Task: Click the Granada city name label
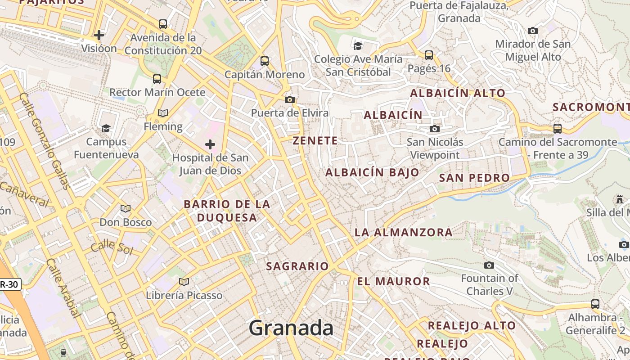click(x=291, y=328)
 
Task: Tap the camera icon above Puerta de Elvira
click(x=290, y=99)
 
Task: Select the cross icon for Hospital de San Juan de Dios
click(x=210, y=144)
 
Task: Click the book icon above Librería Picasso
click(x=184, y=282)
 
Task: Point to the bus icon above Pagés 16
click(x=429, y=55)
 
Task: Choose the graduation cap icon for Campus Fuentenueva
click(x=106, y=128)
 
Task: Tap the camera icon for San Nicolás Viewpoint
click(x=434, y=129)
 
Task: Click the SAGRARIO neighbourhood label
click(x=297, y=266)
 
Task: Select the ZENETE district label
click(x=315, y=140)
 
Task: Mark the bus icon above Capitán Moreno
click(x=265, y=61)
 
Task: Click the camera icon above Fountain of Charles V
click(x=489, y=265)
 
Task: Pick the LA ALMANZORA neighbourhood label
click(x=403, y=232)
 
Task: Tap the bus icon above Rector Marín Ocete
click(x=157, y=79)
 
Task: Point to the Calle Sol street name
click(x=112, y=247)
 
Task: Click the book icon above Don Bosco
click(x=125, y=208)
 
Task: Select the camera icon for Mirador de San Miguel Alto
click(x=533, y=31)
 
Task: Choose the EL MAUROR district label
click(x=393, y=282)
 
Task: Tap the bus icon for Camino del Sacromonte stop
click(x=558, y=128)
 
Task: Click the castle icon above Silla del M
click(x=620, y=199)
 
